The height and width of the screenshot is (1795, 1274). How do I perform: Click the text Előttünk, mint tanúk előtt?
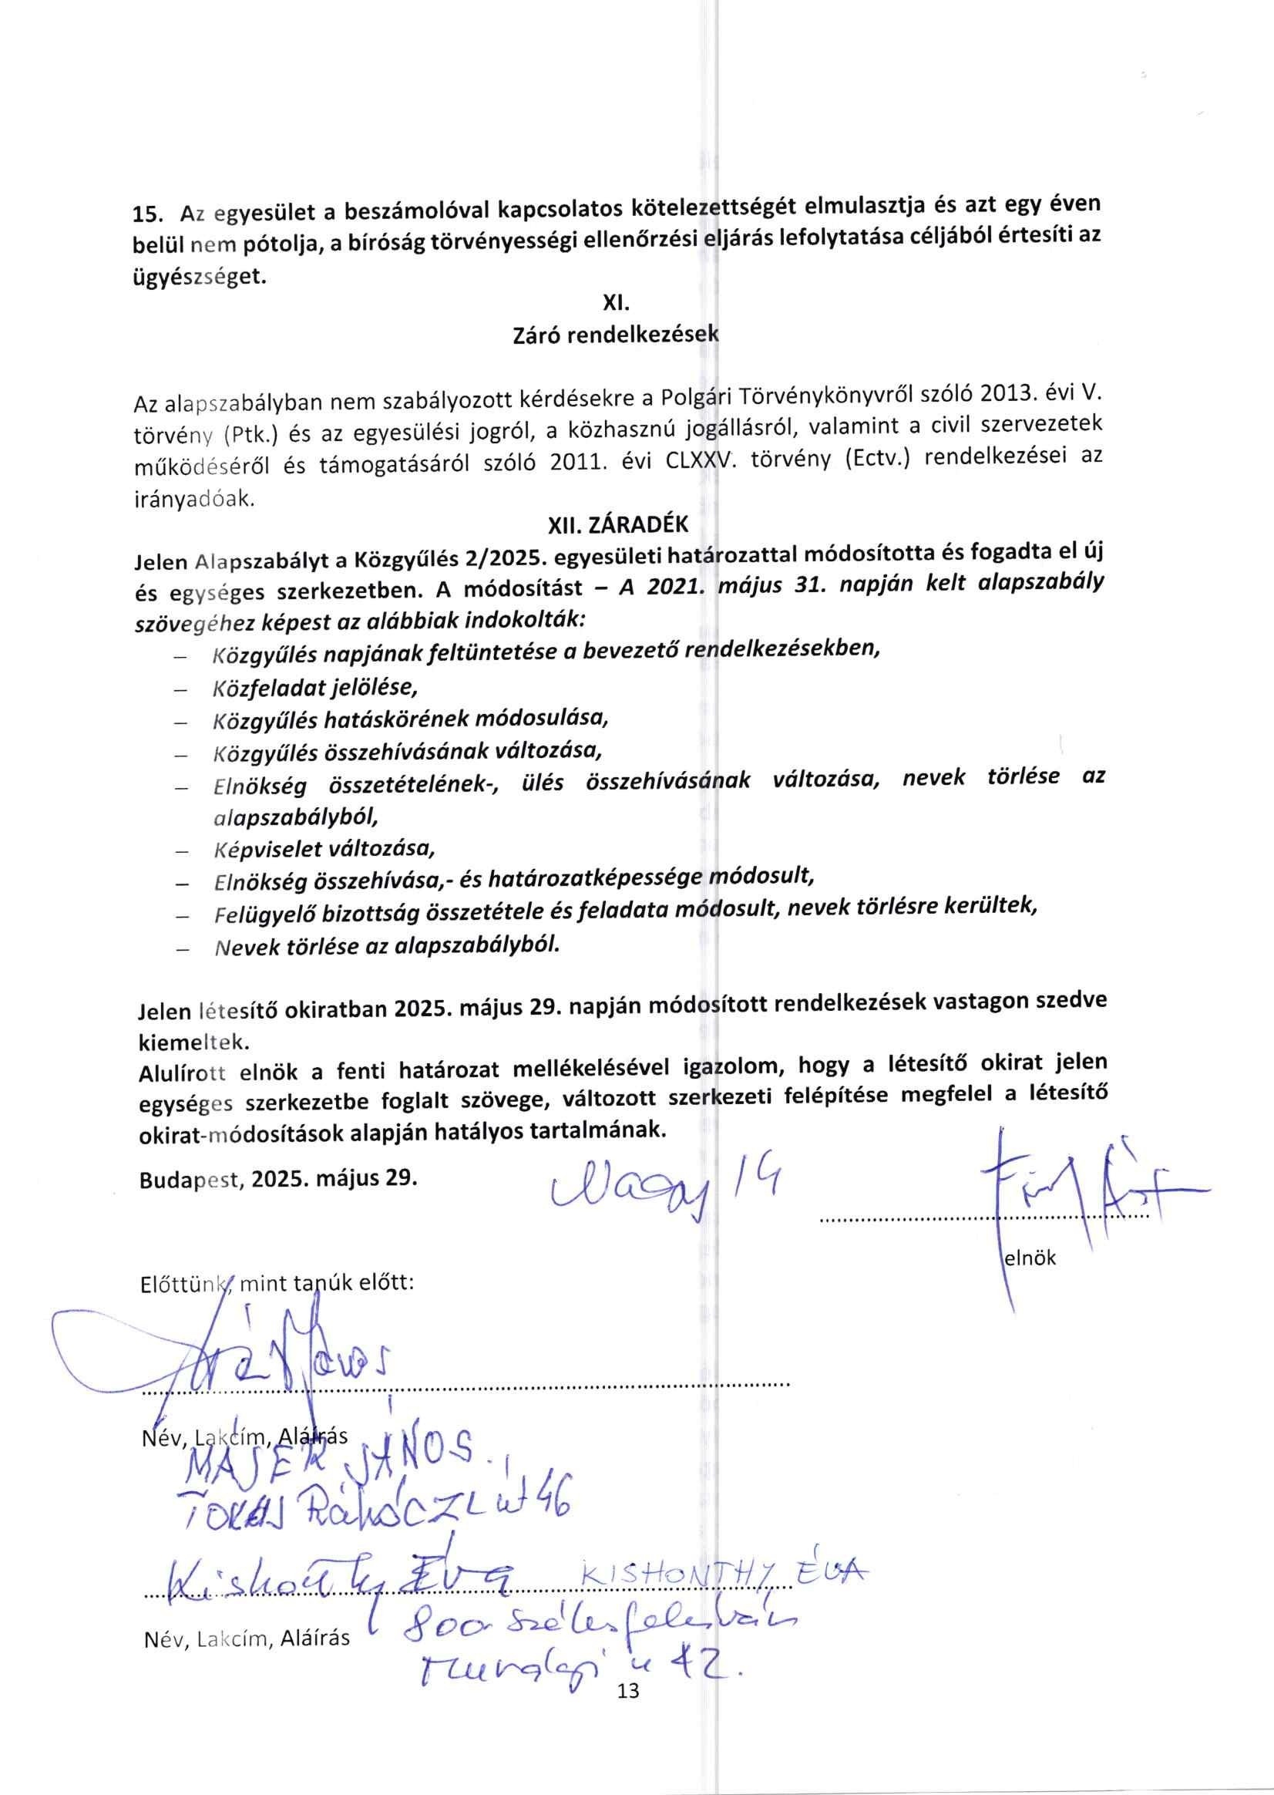pyautogui.click(x=276, y=1284)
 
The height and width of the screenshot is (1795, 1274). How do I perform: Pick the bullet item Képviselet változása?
pyautogui.click(x=323, y=849)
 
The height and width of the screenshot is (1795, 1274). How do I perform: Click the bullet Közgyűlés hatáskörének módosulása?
pyautogui.click(x=411, y=719)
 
